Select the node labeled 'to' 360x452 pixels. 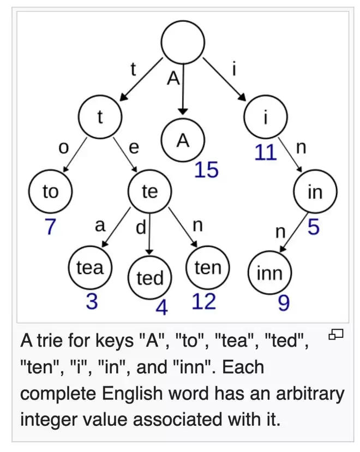click(x=50, y=192)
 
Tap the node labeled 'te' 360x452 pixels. click(x=149, y=192)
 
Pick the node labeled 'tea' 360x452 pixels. click(x=90, y=268)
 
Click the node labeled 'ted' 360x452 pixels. click(x=150, y=278)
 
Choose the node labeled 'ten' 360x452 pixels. click(x=208, y=267)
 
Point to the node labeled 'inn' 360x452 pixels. click(x=269, y=273)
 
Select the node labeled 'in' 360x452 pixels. click(x=315, y=192)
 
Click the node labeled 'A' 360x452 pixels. click(x=183, y=141)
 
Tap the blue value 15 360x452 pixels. click(x=207, y=170)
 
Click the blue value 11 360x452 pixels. click(x=266, y=153)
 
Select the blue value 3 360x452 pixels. click(x=92, y=301)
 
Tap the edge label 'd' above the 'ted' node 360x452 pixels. click(x=141, y=227)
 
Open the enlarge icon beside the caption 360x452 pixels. click(x=336, y=335)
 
